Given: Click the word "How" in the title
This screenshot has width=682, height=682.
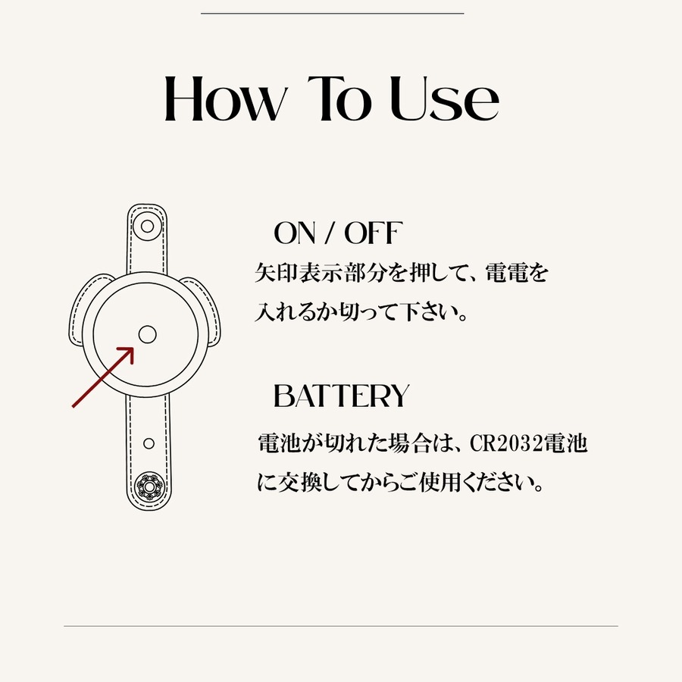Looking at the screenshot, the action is (x=226, y=99).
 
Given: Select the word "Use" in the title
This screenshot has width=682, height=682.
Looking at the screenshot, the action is (x=443, y=99).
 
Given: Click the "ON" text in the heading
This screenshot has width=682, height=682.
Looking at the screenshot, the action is (x=295, y=233).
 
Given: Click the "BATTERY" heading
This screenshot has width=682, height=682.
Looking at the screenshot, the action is (x=342, y=396).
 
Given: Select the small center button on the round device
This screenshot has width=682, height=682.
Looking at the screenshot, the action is (x=148, y=334).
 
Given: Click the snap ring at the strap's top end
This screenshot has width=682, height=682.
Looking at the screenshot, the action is (x=148, y=227).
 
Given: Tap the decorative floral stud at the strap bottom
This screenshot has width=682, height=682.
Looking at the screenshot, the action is (x=149, y=486).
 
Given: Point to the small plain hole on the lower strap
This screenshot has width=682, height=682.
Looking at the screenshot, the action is (x=149, y=443).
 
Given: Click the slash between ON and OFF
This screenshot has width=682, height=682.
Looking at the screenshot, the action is (x=330, y=234).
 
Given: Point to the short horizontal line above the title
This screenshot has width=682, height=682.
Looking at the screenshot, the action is (x=333, y=14).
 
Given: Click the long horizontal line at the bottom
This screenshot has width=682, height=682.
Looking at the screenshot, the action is (x=341, y=627).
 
